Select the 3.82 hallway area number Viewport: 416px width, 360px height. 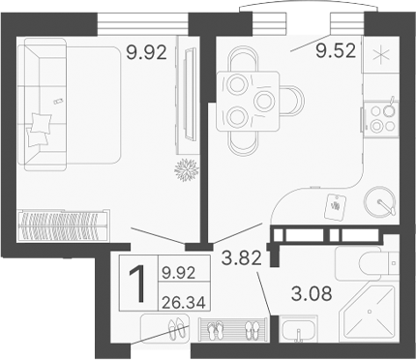(241, 257)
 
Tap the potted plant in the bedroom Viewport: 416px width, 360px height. (184, 170)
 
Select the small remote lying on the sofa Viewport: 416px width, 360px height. (59, 101)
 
